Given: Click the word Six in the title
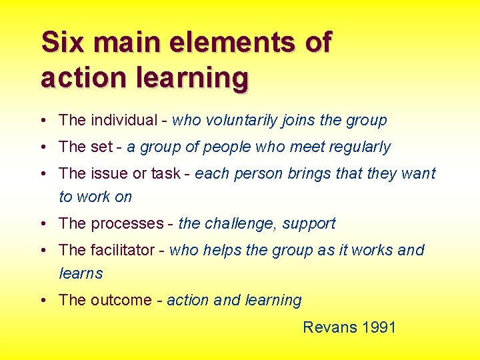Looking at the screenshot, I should coord(64,43).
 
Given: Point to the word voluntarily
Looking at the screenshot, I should coord(240,121).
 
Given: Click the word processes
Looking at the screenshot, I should coord(127,224).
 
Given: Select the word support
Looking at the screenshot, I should coord(309,224).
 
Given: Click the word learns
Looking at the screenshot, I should coord(81,273).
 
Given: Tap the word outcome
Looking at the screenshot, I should coord(121,300).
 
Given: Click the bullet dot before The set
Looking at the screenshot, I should coord(43,147).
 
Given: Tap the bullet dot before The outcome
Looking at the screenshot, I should coord(43,301).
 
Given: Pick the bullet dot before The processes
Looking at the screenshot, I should coord(43,224).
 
